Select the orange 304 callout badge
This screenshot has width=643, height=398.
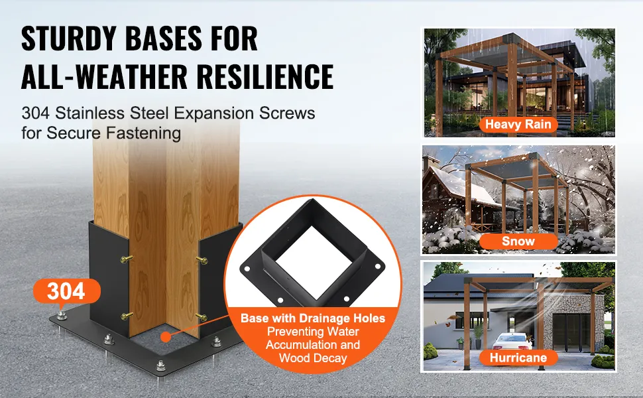66,291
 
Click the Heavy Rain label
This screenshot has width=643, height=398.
518,124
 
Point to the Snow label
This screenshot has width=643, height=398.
518,241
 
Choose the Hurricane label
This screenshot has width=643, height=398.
518,358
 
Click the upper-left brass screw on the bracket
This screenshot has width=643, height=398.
127,259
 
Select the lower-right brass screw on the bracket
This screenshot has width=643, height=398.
202,317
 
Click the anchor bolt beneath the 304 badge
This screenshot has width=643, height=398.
62,315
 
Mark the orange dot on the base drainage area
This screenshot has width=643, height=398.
165,337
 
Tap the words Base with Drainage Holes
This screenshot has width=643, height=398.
313,318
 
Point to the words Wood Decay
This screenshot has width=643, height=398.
313,358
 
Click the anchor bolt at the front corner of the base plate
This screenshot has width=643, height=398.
160,365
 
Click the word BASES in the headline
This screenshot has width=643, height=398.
163,38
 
